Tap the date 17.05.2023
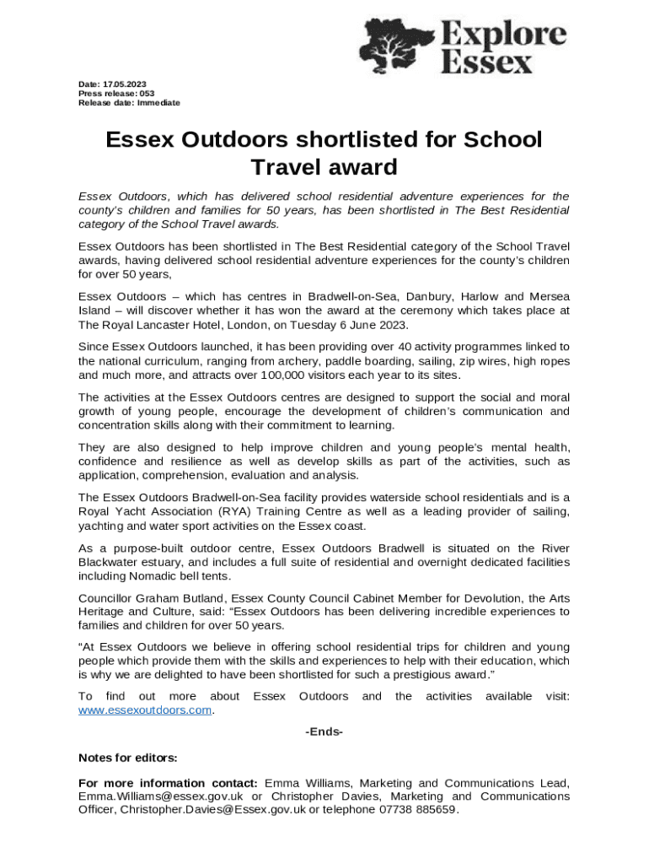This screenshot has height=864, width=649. tap(125, 84)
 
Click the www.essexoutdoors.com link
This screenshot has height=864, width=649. tap(144, 710)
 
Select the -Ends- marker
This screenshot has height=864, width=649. tap(324, 732)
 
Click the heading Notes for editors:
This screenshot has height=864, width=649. tap(127, 757)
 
